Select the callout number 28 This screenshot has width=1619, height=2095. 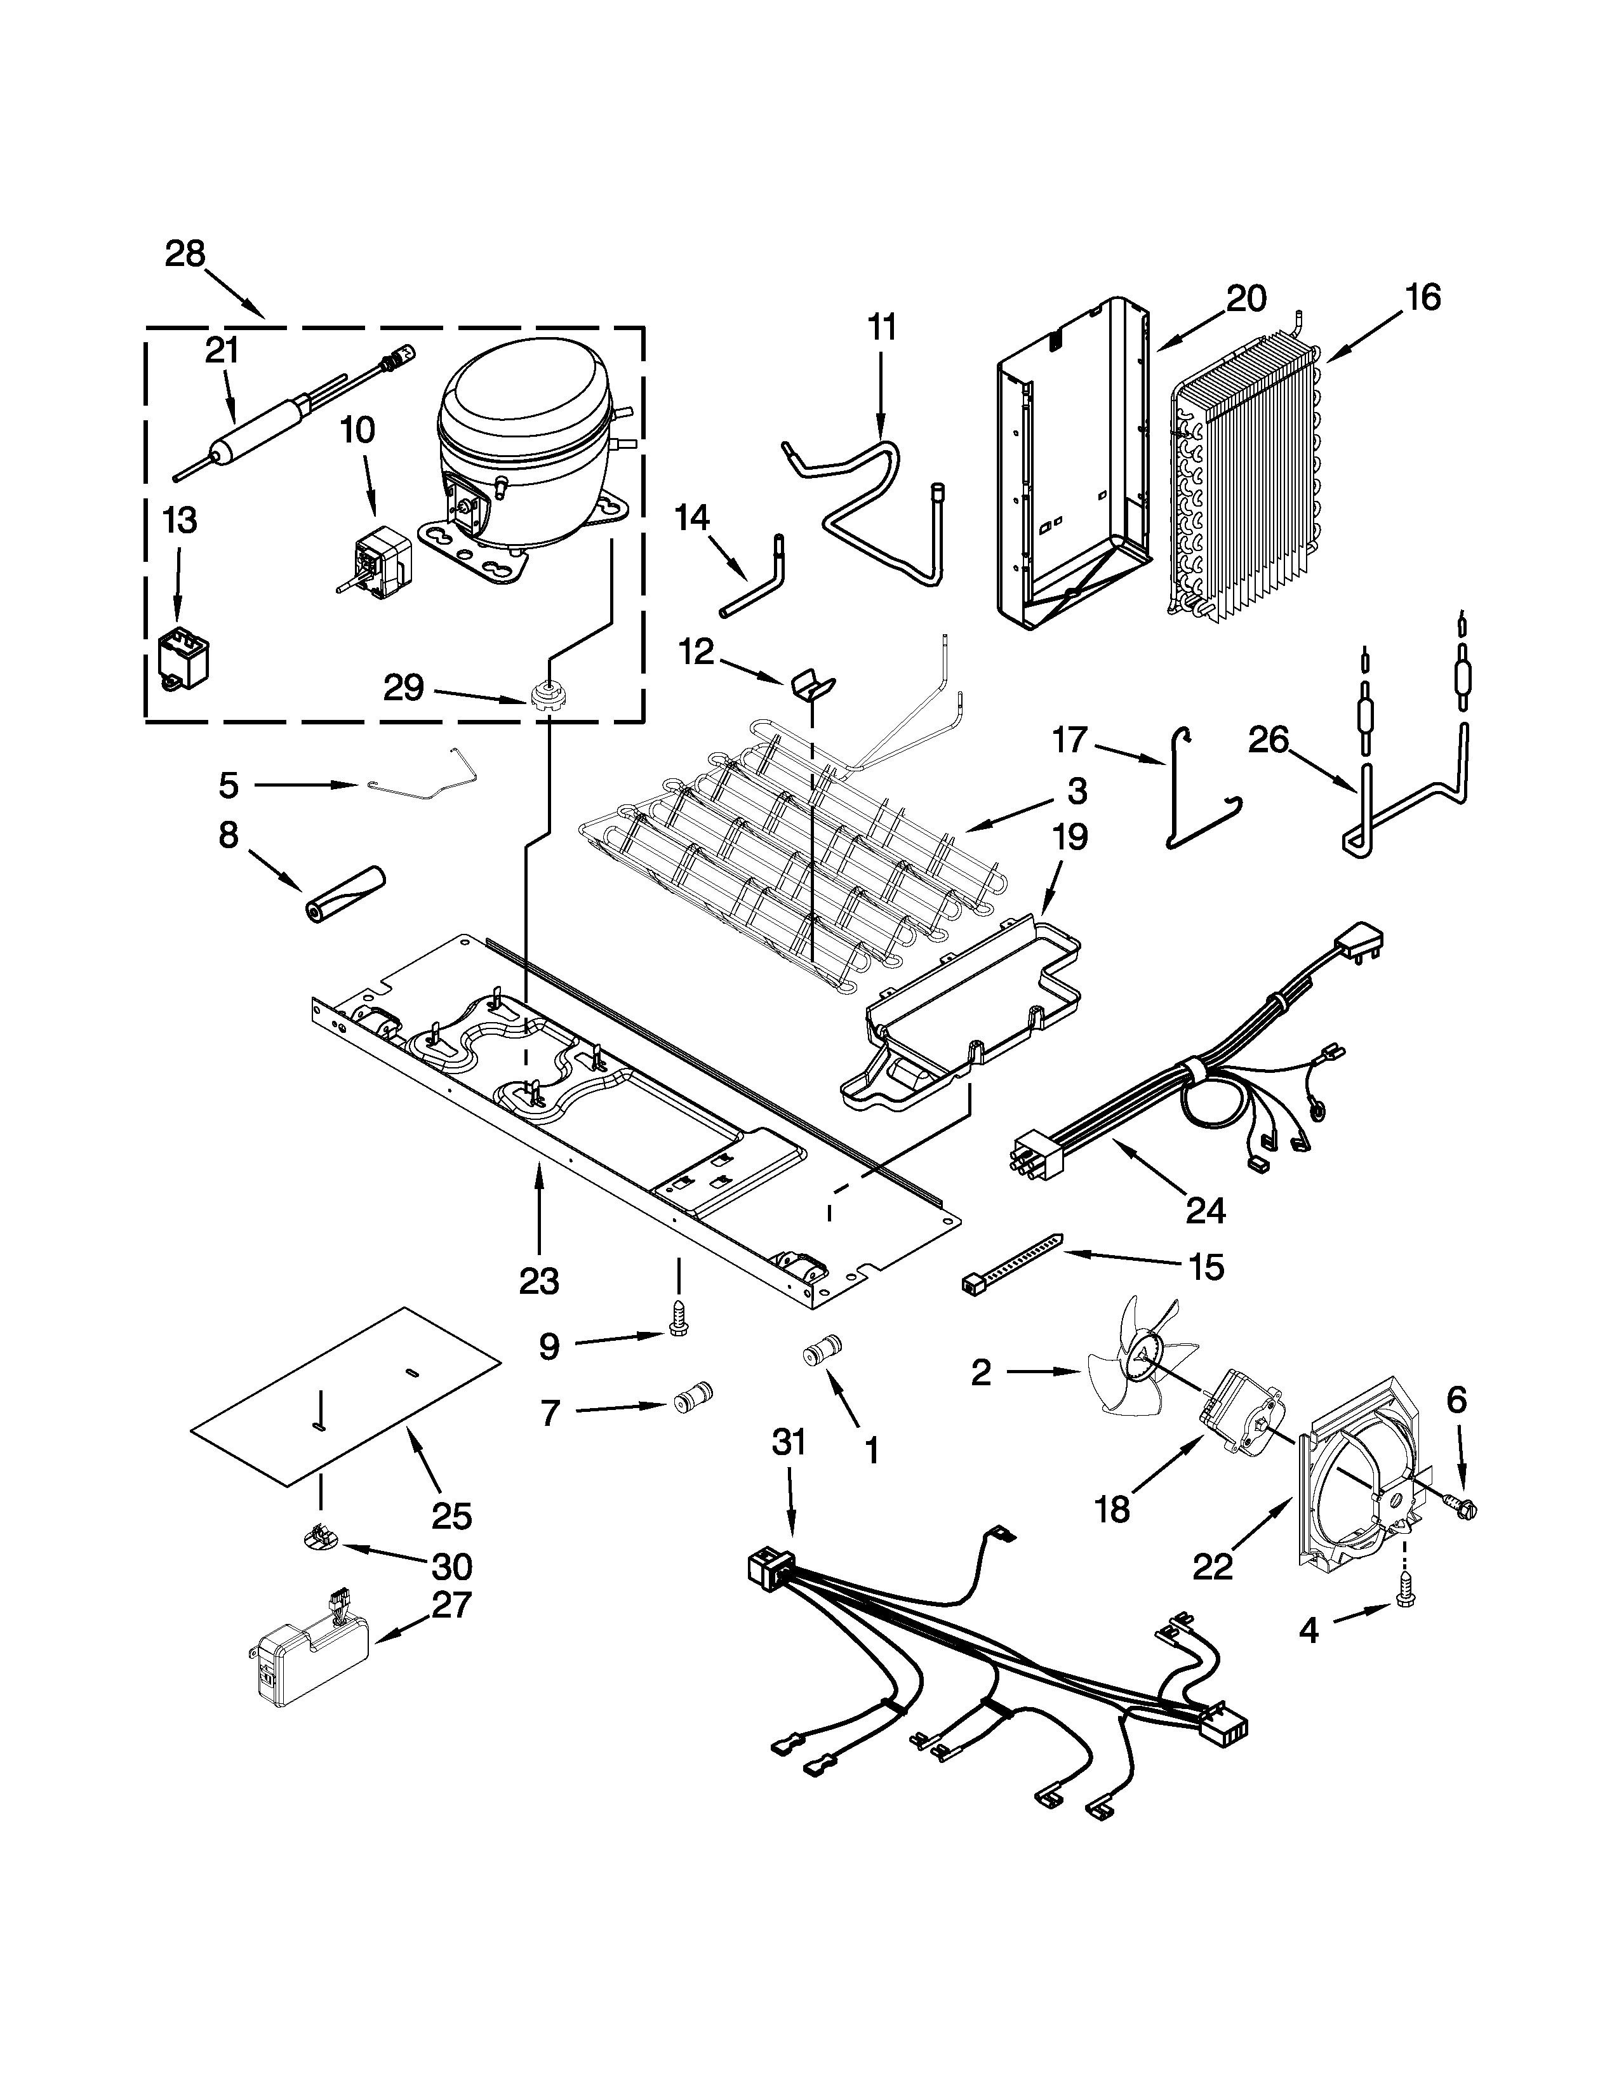coord(185,254)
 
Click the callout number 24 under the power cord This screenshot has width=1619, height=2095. coord(1204,1211)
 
